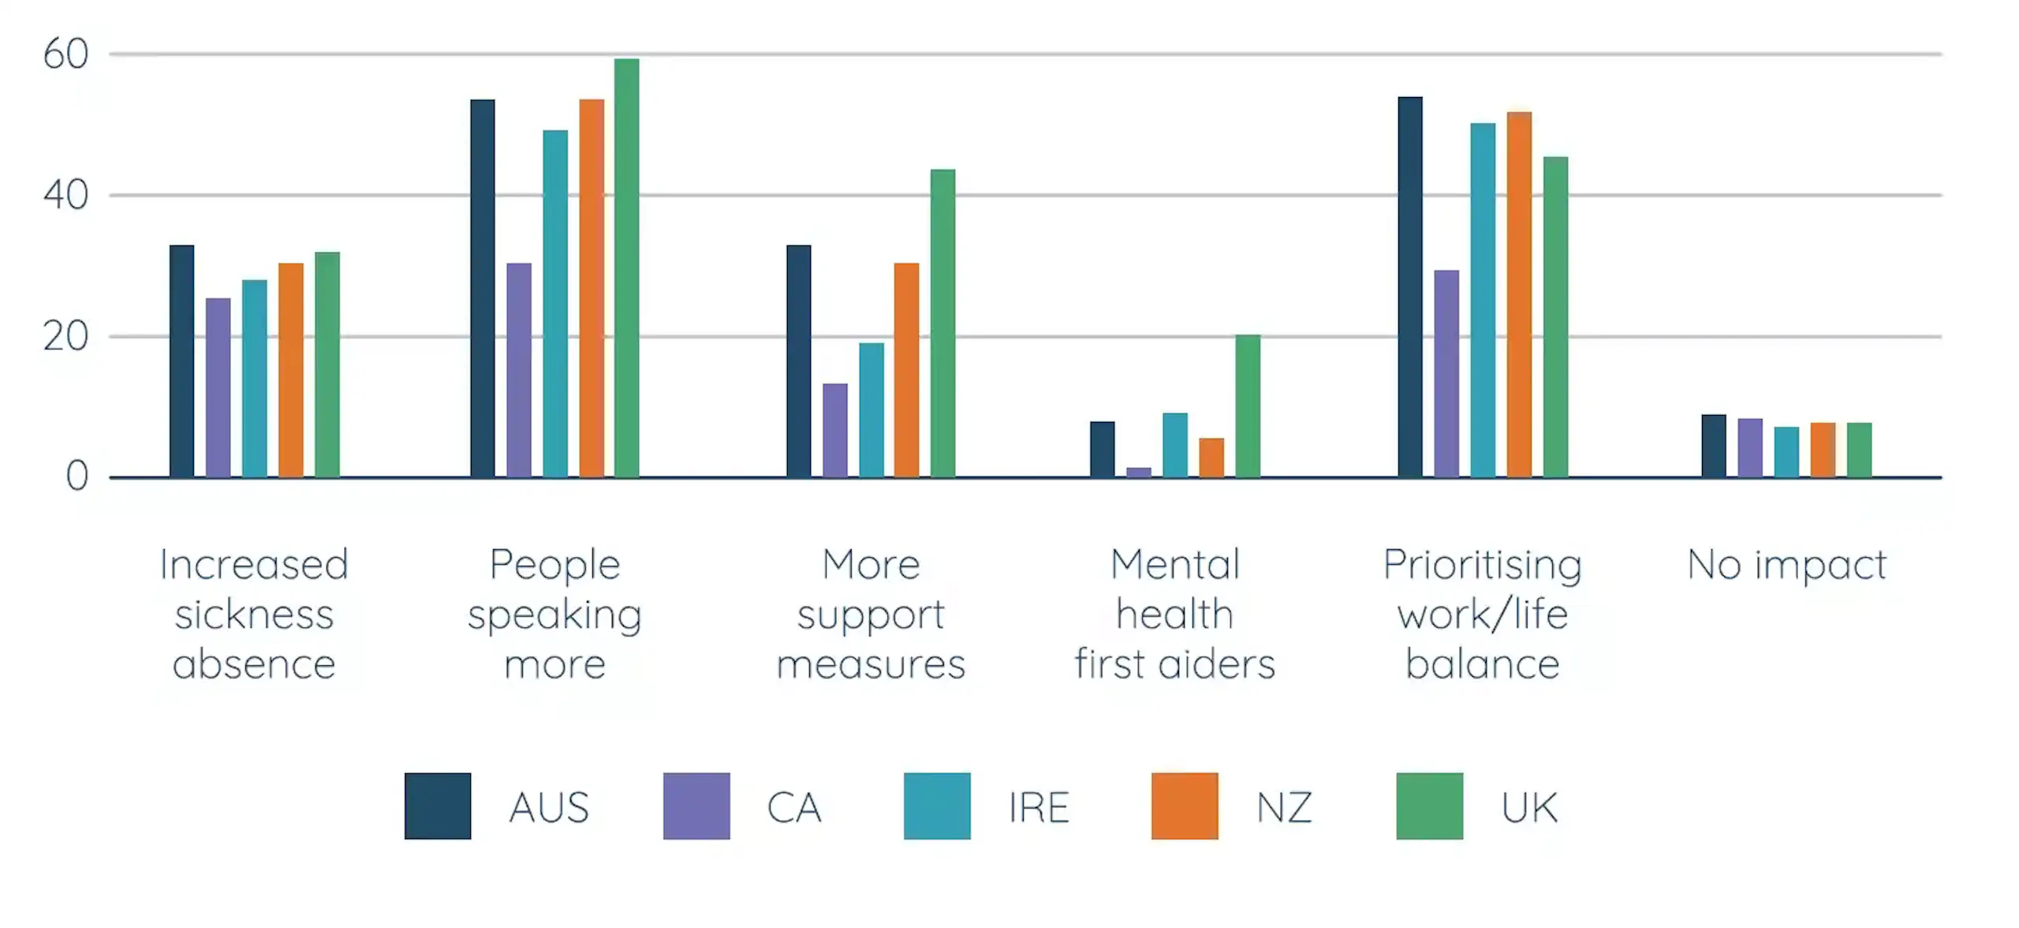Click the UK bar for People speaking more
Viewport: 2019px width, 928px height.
626,268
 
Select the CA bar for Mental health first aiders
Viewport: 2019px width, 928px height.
1138,472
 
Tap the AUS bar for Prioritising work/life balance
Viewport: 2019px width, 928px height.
1409,287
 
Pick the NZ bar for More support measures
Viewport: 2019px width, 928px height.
906,370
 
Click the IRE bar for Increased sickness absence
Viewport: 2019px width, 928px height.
254,379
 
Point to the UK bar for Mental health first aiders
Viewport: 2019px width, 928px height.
1247,406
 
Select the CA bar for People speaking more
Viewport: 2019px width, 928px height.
518,370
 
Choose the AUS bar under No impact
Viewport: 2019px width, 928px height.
1713,446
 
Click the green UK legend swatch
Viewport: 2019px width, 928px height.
1429,806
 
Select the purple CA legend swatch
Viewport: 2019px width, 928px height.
696,806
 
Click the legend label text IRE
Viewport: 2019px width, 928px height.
1039,807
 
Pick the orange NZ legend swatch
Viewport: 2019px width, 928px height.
1184,806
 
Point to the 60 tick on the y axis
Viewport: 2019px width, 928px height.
65,54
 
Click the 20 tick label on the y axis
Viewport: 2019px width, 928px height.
65,337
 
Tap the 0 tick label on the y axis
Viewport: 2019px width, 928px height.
77,477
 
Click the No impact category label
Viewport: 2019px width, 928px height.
1786,565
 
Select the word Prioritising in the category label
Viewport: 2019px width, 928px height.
1482,565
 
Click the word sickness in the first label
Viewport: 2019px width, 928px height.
254,615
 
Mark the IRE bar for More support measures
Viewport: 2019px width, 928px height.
871,410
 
